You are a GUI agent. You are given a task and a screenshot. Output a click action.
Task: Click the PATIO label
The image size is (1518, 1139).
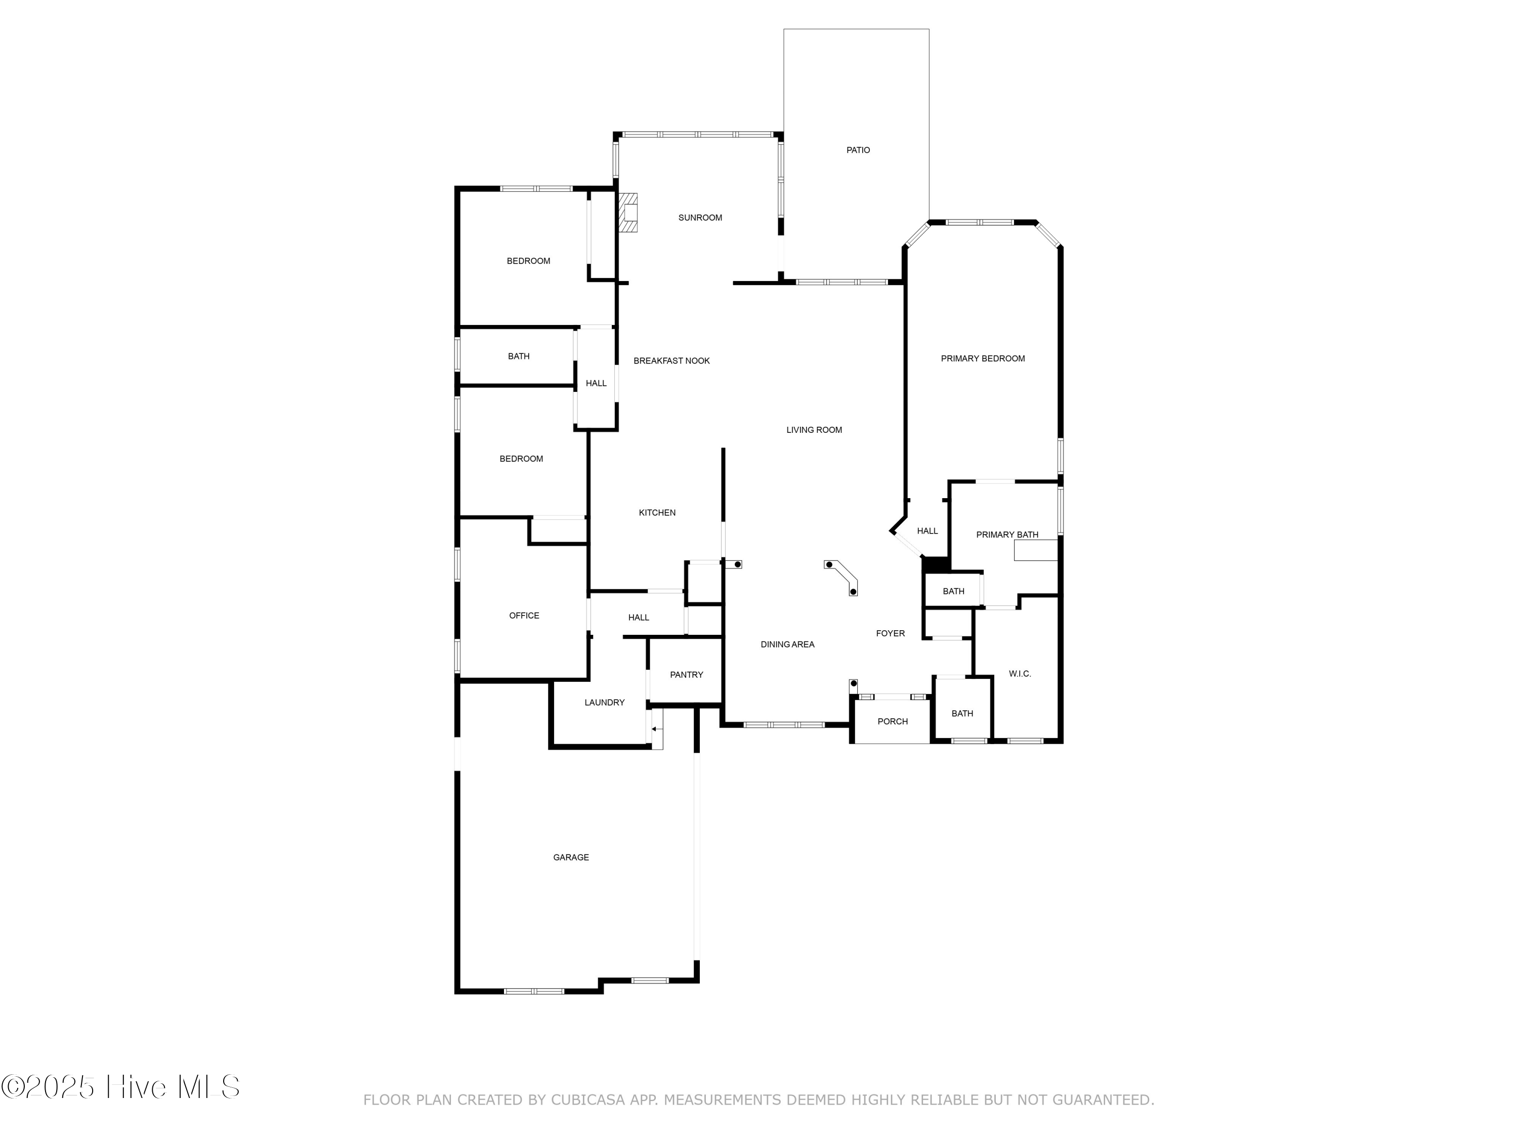(x=858, y=150)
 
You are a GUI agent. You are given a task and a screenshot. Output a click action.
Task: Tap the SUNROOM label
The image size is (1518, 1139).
(x=700, y=218)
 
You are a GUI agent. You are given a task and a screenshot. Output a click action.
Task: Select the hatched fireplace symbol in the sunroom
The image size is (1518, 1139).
(x=628, y=213)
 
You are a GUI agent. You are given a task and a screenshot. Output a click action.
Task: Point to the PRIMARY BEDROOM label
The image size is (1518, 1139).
(x=983, y=358)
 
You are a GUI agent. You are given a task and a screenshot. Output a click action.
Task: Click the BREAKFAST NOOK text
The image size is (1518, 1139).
(x=671, y=360)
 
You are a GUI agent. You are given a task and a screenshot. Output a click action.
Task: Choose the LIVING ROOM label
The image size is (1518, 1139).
(x=814, y=430)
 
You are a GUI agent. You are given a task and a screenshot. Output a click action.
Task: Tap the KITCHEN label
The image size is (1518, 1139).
(x=657, y=513)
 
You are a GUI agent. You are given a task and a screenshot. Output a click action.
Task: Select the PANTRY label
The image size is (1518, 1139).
(x=686, y=675)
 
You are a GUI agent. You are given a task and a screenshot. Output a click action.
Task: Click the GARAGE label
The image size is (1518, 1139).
(x=571, y=858)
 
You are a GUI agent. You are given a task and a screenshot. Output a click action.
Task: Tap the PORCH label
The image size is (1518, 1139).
(x=892, y=721)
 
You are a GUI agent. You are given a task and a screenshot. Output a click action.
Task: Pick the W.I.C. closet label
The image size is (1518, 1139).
(x=1020, y=673)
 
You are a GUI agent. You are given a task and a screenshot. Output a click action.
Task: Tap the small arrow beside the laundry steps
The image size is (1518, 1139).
(x=657, y=729)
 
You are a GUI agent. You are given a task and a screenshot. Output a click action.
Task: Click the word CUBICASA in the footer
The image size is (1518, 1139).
(x=588, y=1101)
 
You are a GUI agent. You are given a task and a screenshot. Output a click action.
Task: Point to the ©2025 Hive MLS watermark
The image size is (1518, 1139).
(x=121, y=1087)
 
